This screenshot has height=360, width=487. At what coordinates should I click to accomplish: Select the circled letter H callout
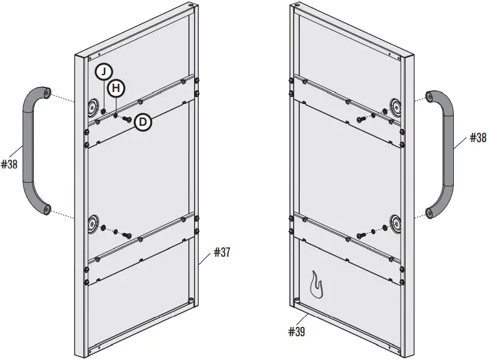115,88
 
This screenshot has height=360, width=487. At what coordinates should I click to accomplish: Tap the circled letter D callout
143,122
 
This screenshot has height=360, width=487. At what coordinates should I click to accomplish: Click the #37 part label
222,252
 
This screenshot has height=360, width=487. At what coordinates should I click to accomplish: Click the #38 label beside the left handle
9,165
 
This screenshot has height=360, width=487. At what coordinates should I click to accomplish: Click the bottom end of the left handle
45,209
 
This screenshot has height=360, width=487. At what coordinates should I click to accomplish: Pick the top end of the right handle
431,97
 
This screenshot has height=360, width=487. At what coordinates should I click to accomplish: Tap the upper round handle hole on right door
396,105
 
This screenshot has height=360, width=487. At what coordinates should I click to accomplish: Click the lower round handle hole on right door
396,222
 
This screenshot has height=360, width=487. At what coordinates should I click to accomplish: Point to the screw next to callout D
127,118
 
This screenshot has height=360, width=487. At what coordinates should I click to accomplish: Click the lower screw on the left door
127,235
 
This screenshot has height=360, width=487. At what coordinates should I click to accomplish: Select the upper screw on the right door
361,118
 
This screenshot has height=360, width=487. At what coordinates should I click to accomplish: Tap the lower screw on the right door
361,235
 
